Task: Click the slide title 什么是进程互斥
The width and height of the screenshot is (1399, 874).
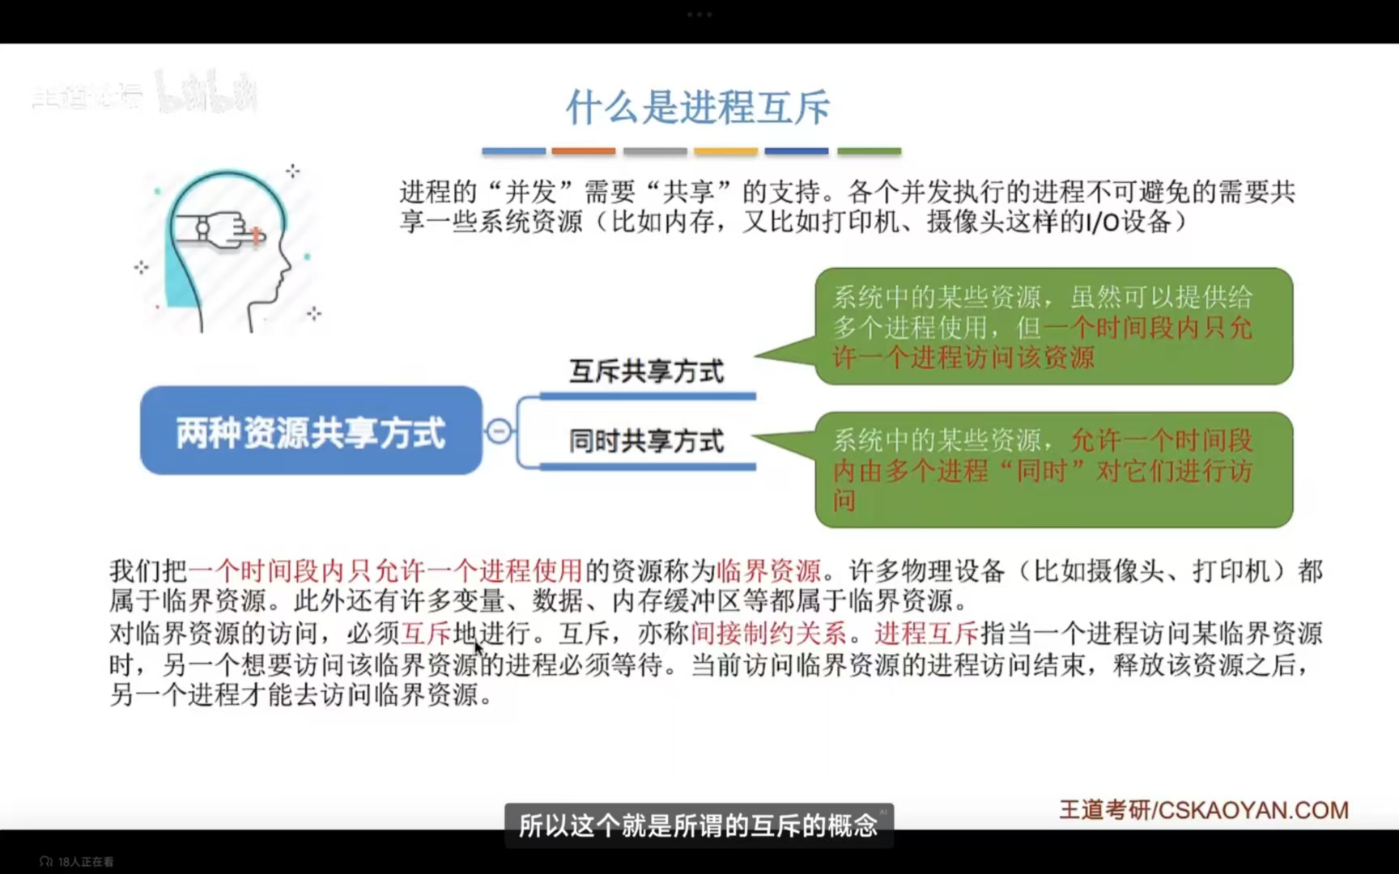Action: pos(698,108)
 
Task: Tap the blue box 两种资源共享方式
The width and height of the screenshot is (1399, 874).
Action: pos(311,431)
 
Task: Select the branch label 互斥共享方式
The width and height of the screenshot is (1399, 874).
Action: pos(646,371)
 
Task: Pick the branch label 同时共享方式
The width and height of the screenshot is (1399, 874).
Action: pos(646,441)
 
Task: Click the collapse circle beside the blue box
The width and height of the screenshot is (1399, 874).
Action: pos(499,431)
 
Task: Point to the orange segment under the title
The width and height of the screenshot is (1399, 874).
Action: pos(583,151)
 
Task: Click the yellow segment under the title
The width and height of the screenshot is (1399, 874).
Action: pos(725,151)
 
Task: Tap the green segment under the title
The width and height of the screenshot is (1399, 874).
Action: pos(869,151)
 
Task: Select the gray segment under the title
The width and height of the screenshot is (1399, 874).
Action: pos(655,151)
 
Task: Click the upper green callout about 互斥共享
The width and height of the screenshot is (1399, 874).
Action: pos(1052,326)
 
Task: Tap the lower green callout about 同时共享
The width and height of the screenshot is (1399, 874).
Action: pos(1052,469)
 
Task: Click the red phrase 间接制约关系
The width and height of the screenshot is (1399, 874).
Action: pos(768,633)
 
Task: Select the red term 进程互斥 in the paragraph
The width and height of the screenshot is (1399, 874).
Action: pos(926,633)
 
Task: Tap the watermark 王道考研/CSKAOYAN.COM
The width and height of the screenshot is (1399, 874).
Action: pos(1204,810)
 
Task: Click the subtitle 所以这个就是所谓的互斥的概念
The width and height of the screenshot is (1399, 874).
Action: pos(698,825)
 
